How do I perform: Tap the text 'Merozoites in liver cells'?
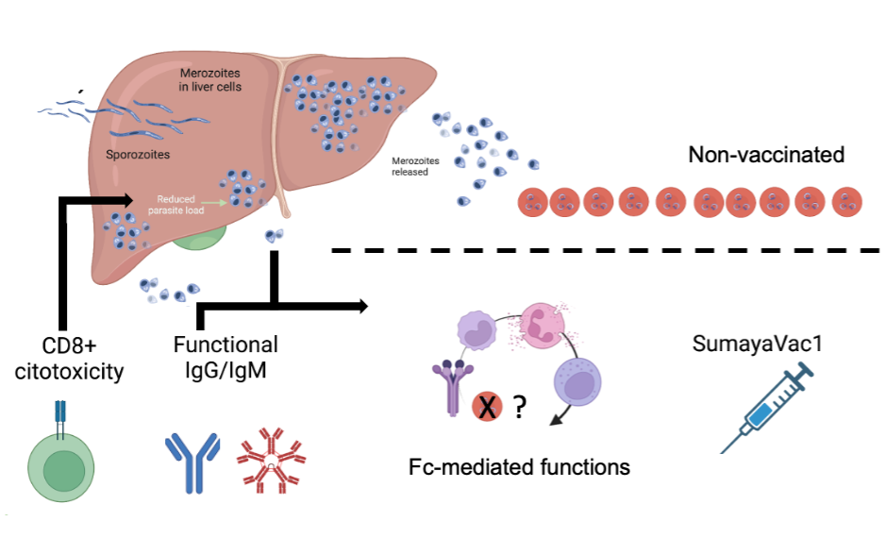point(209,80)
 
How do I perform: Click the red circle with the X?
point(487,408)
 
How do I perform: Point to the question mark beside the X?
point(518,408)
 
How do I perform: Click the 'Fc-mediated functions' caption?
point(519,466)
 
